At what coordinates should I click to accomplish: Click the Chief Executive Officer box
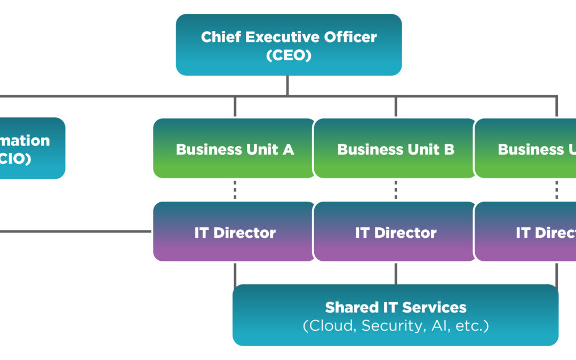coord(289,45)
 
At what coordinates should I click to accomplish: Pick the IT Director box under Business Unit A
coord(234,232)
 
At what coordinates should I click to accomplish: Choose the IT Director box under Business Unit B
coord(395,232)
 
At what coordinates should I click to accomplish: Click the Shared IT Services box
coord(395,315)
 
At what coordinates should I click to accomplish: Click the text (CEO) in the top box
coord(289,55)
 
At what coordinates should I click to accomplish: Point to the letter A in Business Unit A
coord(288,149)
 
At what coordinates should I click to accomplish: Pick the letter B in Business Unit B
coord(449,149)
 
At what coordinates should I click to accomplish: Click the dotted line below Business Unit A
coord(235,190)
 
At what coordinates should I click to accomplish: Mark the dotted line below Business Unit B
coord(396,190)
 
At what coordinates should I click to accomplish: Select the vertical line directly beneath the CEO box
coord(288,85)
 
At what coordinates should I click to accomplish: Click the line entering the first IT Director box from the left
coord(80,231)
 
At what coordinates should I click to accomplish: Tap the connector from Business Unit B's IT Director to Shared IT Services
coord(396,273)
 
